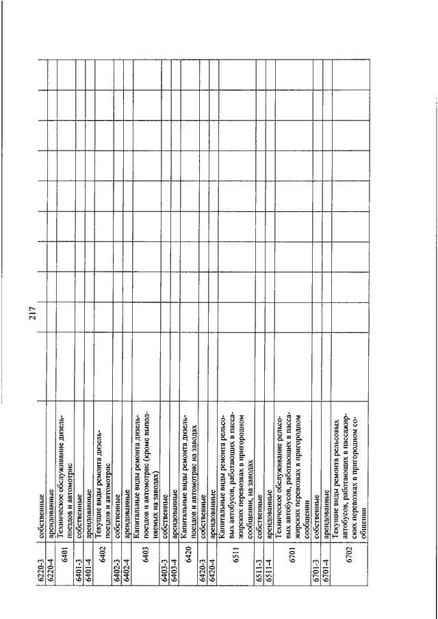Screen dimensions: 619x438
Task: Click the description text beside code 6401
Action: click(66, 451)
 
